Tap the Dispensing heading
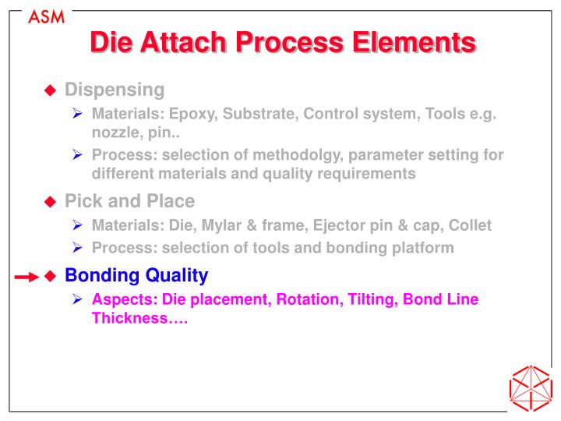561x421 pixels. (x=115, y=90)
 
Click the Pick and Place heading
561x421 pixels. (x=129, y=201)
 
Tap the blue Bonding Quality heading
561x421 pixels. (x=136, y=275)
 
